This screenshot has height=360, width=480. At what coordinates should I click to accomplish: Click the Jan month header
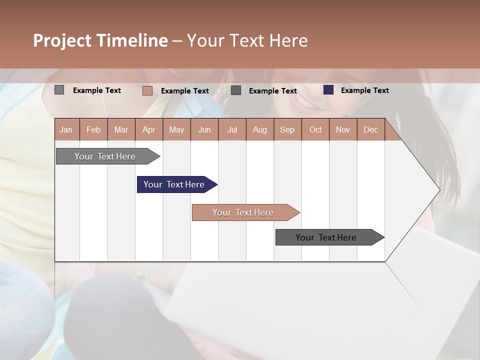pyautogui.click(x=66, y=129)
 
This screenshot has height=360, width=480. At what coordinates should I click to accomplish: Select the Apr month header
pyautogui.click(x=149, y=129)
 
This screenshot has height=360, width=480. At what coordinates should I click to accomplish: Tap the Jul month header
pyautogui.click(x=232, y=129)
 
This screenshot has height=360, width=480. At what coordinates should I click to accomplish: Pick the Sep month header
pyautogui.click(x=287, y=129)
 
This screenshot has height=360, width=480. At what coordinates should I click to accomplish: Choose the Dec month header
pyautogui.click(x=370, y=129)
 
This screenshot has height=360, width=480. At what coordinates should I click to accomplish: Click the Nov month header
pyautogui.click(x=343, y=129)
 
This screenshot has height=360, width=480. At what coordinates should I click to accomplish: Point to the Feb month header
pyautogui.click(x=93, y=129)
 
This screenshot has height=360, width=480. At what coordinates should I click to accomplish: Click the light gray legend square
pyautogui.click(x=59, y=90)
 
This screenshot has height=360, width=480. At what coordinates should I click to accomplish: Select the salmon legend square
pyautogui.click(x=147, y=90)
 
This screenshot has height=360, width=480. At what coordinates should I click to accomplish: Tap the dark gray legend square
pyautogui.click(x=236, y=90)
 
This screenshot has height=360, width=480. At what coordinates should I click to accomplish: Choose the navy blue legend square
pyautogui.click(x=328, y=90)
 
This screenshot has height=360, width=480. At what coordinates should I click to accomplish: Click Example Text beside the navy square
pyautogui.click(x=364, y=90)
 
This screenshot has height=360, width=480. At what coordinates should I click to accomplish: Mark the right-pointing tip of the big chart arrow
pyautogui.click(x=438, y=190)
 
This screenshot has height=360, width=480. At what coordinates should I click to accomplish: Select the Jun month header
pyautogui.click(x=204, y=129)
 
